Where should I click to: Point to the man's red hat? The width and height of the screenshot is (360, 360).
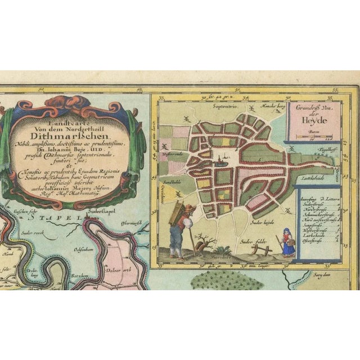[190, 208]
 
